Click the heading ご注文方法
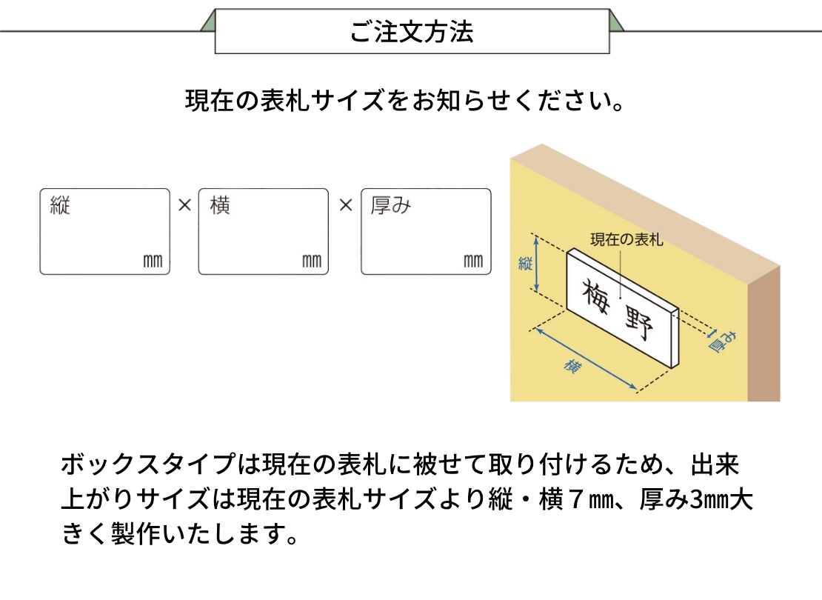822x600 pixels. pos(412,31)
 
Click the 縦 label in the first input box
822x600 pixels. pos(60,205)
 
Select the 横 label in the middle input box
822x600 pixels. pos(220,205)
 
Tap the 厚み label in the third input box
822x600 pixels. pos(390,205)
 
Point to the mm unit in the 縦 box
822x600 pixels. pos(153,261)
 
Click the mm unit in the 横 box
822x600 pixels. pos(312,261)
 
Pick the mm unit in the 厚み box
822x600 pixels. pos(473,261)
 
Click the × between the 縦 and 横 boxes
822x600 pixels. pos(184,205)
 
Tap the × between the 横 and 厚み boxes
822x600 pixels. pos(346,205)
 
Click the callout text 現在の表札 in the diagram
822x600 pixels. pos(627,240)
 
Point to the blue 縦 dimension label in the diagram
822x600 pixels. pos(525,263)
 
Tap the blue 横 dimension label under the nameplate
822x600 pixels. pos(572,366)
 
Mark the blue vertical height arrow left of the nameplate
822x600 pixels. pos(535,264)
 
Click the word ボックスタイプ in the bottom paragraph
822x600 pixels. pos(148,464)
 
